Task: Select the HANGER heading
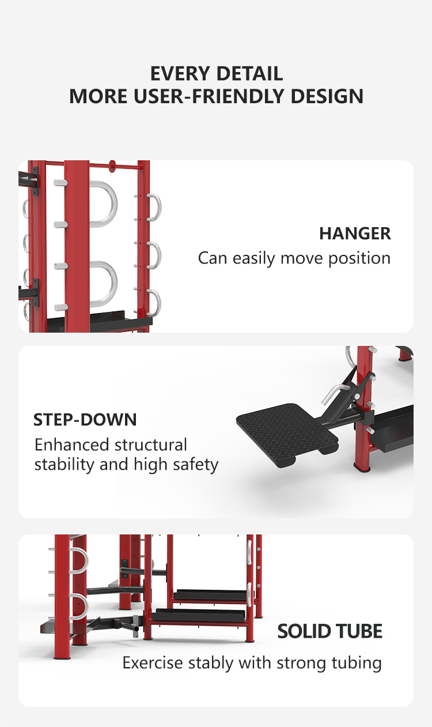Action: (x=355, y=233)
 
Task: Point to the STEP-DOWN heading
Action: (x=85, y=419)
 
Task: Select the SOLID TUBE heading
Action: (x=329, y=631)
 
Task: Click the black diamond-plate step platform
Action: (x=288, y=430)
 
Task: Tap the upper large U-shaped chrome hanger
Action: (x=103, y=204)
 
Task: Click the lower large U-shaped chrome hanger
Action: (x=103, y=283)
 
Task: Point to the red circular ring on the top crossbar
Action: (x=112, y=165)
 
